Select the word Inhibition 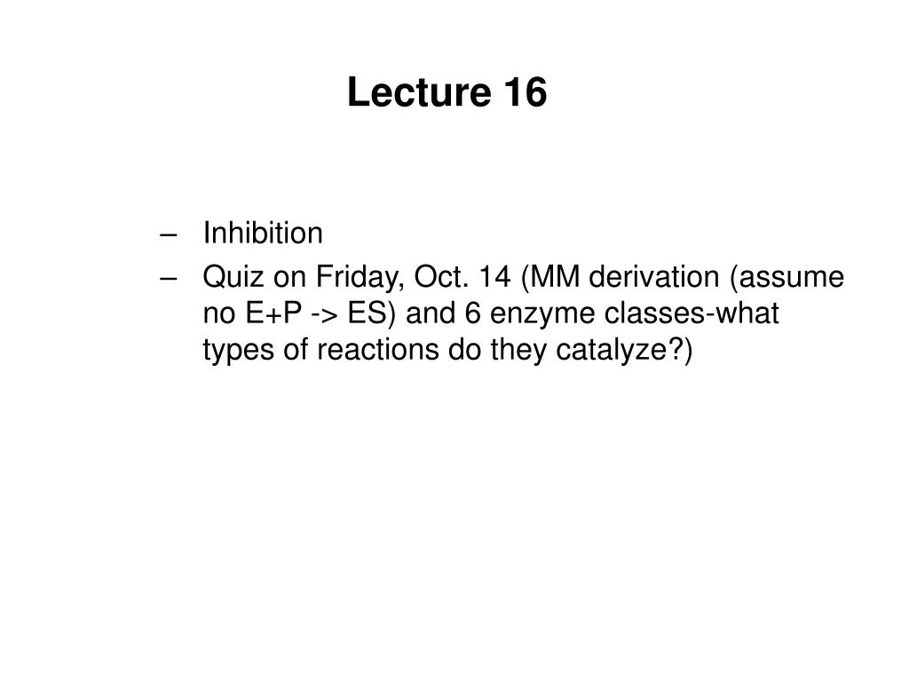tap(263, 234)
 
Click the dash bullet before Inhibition tap(169, 234)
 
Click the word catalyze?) tap(635, 352)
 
